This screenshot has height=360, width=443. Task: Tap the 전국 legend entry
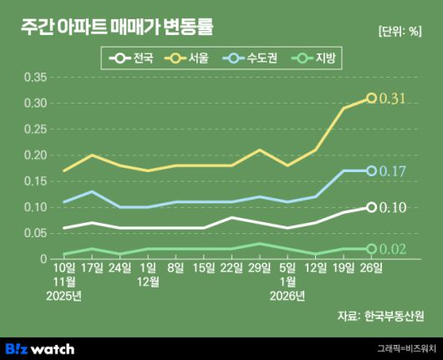pos(132,58)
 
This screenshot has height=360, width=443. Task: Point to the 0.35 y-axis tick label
pos(37,78)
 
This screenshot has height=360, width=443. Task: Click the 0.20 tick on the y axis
pos(37,155)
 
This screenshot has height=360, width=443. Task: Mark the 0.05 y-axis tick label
pos(37,233)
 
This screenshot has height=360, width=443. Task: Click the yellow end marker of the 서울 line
pos(371,99)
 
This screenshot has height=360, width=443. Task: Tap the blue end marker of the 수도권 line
pos(371,171)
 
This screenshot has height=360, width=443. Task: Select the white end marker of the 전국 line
pos(371,207)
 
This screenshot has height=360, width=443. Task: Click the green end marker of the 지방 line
pos(371,249)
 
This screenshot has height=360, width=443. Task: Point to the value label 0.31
pos(393,99)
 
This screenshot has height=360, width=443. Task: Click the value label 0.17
pos(393,171)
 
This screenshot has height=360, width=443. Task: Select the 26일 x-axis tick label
pos(371,267)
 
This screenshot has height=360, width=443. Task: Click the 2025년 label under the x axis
pos(64,295)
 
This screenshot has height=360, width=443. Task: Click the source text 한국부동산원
pos(395,316)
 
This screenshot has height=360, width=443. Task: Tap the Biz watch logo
pos(51,347)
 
